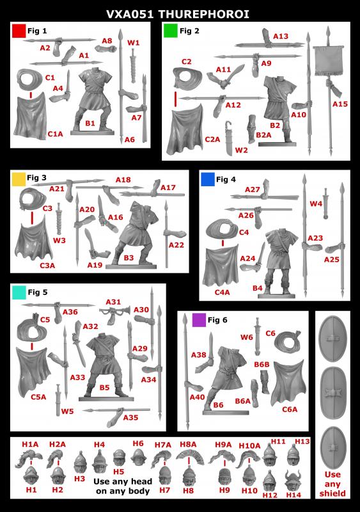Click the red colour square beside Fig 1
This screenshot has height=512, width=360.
pyautogui.click(x=19, y=31)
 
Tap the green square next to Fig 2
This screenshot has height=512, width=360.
pyautogui.click(x=170, y=31)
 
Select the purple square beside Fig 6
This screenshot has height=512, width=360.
pyautogui.click(x=199, y=320)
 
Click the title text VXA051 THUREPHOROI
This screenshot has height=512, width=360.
pyautogui.click(x=178, y=14)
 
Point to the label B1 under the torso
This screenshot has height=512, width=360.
pyautogui.click(x=90, y=123)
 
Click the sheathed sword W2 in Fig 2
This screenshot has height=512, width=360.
pyautogui.click(x=230, y=138)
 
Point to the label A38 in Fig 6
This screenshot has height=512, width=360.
pyautogui.click(x=198, y=355)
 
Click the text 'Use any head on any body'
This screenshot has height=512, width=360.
pyautogui.click(x=123, y=486)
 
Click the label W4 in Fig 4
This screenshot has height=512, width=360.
pyautogui.click(x=316, y=204)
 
